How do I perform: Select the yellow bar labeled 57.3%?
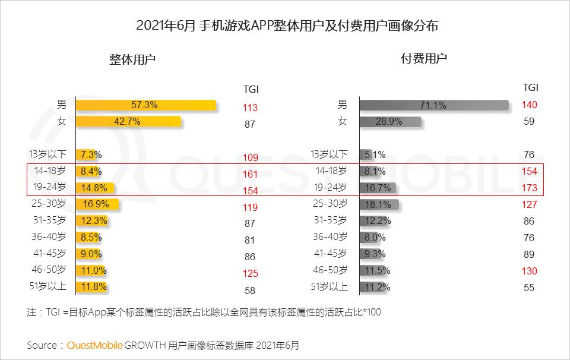[x=145, y=105]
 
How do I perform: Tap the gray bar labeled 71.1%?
[x=434, y=105]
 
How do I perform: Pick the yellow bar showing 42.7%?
[x=128, y=122]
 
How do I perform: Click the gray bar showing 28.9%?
[x=391, y=122]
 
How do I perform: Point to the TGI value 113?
[x=250, y=108]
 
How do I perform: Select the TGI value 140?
[x=530, y=105]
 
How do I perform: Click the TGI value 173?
[x=530, y=188]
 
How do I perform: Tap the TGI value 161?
[x=250, y=175]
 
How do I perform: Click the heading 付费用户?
[x=424, y=58]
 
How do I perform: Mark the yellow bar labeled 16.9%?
[x=97, y=204]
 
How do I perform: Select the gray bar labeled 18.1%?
[x=379, y=204]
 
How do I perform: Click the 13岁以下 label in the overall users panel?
[x=47, y=154]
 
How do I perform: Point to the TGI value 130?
[x=530, y=271]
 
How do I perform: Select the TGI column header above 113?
[x=251, y=89]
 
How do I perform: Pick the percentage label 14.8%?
[x=95, y=188]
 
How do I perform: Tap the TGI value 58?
[x=250, y=290]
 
